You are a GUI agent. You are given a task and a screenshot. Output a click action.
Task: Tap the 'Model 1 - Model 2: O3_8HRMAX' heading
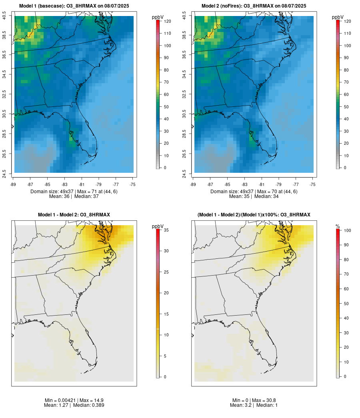tap(74, 215)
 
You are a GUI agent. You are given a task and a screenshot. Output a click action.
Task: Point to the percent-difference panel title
tap(254, 215)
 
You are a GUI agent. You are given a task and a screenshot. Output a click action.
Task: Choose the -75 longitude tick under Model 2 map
tap(312, 184)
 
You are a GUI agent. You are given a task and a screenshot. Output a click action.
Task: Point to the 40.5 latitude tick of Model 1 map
tap(4, 16)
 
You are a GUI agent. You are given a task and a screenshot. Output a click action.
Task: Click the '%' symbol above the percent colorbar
tap(338, 226)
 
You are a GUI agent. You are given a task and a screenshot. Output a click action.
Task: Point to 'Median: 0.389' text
tap(90, 405)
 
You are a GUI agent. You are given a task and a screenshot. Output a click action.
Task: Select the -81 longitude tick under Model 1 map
tap(82, 184)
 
